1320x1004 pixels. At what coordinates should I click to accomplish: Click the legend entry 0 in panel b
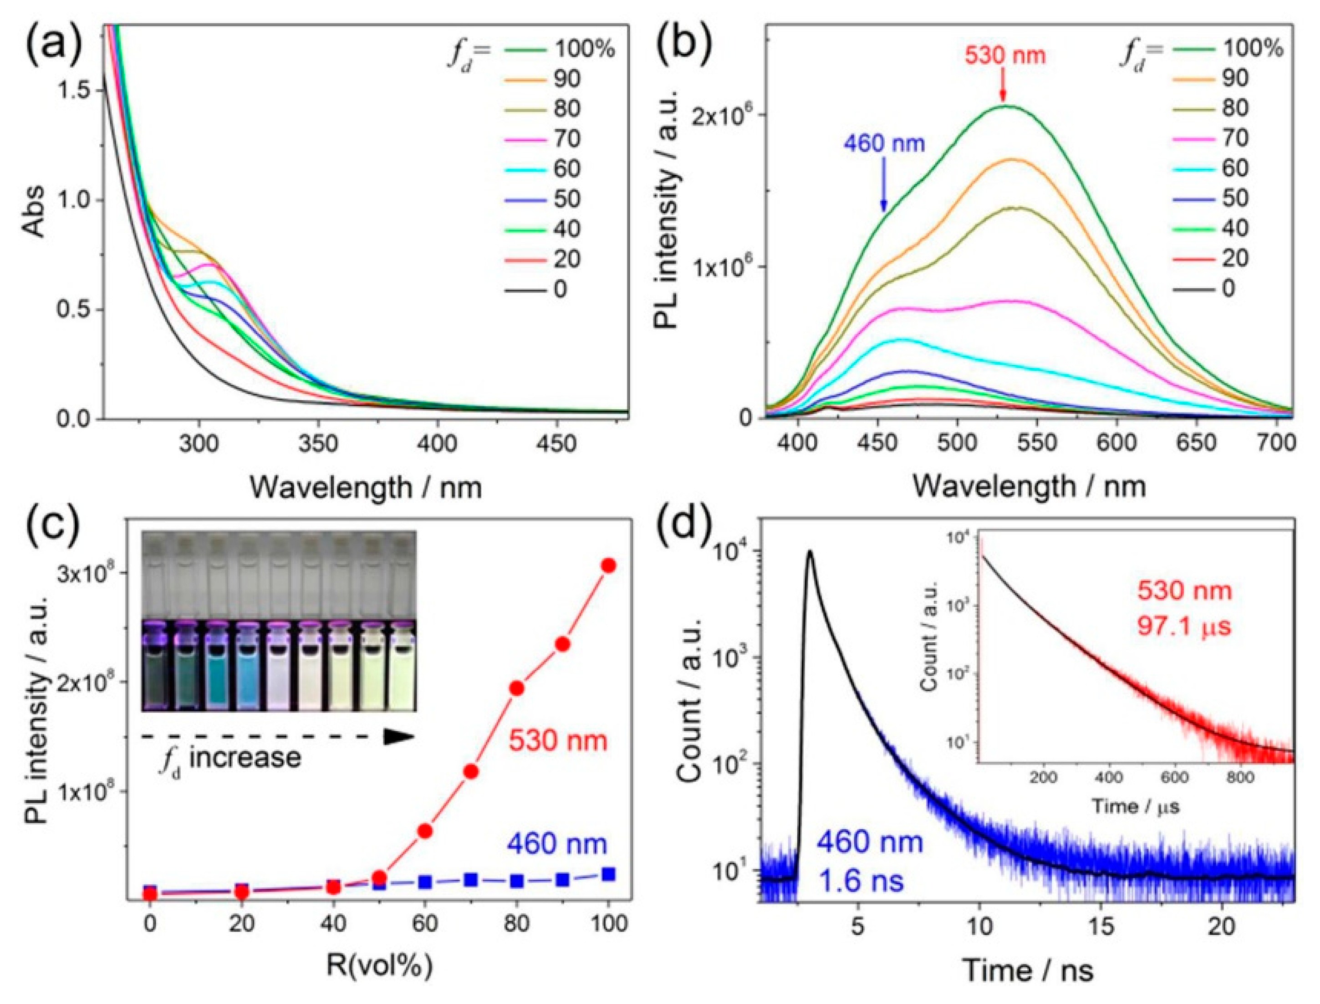(x=1228, y=289)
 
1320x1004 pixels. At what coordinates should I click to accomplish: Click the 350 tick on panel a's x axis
(x=318, y=444)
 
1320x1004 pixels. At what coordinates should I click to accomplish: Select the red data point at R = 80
(x=517, y=688)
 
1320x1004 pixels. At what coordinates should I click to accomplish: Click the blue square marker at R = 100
(x=608, y=874)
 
